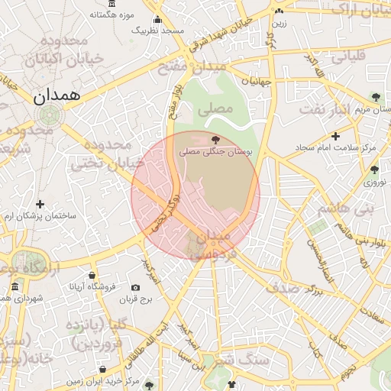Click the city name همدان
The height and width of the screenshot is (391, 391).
pos(57,95)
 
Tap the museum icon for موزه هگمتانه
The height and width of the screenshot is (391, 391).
pos(141,4)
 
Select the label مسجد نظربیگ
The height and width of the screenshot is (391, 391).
pos(158,30)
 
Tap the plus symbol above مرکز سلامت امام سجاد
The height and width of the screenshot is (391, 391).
pos(335,136)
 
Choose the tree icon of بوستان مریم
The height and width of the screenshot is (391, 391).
pos(375,96)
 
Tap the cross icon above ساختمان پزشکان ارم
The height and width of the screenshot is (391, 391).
pos(40,204)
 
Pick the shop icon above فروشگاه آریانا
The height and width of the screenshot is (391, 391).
pos(92,275)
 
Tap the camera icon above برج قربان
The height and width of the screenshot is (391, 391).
pos(136,288)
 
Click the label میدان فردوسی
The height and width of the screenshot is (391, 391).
pos(215,247)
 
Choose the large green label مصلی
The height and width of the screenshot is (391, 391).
pos(215,109)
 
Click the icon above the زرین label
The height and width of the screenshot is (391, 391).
pos(280,11)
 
